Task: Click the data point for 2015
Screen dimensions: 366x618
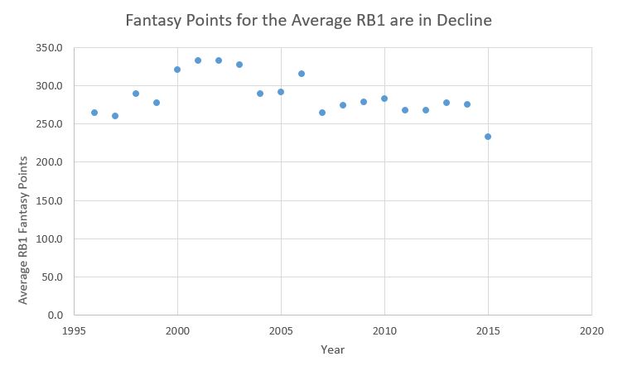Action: [x=488, y=137]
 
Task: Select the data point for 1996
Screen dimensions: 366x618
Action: [x=94, y=113]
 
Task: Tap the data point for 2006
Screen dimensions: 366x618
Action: [x=302, y=74]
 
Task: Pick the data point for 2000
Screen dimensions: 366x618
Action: [x=177, y=70]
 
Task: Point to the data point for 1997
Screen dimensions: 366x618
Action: [x=115, y=116]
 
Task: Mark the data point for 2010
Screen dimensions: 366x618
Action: [x=384, y=99]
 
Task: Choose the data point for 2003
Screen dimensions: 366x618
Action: [x=239, y=65]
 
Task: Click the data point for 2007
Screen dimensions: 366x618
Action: [x=322, y=113]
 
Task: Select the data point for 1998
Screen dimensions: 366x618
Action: [x=136, y=94]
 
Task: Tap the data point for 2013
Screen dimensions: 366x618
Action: [x=447, y=103]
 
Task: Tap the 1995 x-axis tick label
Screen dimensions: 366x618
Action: [x=75, y=330]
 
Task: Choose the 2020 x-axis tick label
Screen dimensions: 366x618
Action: [x=591, y=330]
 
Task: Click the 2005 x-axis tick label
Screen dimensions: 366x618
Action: [x=281, y=330]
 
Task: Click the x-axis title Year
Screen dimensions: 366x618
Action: [x=333, y=349]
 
